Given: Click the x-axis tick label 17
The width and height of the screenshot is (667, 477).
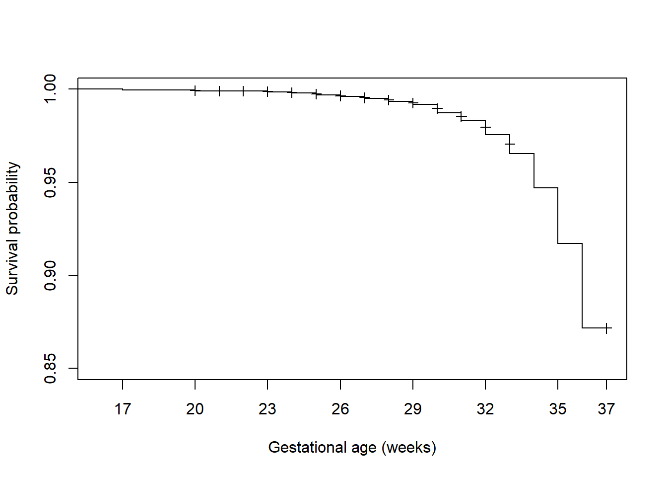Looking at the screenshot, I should pyautogui.click(x=123, y=409).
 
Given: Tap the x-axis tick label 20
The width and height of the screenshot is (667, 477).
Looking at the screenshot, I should pyautogui.click(x=195, y=409).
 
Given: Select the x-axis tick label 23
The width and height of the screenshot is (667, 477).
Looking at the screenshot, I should pyautogui.click(x=267, y=409).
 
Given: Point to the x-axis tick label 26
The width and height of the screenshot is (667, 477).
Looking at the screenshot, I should pyautogui.click(x=340, y=409).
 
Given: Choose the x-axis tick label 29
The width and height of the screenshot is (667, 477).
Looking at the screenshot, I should pyautogui.click(x=413, y=409).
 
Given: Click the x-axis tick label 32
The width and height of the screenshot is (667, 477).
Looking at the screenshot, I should pyautogui.click(x=485, y=409).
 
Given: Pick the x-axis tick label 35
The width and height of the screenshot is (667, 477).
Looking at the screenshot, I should pyautogui.click(x=558, y=409).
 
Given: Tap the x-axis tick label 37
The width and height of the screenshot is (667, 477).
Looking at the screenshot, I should pyautogui.click(x=606, y=409).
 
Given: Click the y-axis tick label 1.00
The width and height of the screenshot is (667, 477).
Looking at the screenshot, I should pyautogui.click(x=51, y=89).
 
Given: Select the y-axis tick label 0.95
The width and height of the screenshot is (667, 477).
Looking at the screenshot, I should pyautogui.click(x=51, y=182).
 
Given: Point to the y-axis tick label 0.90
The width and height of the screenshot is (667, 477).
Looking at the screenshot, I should pyautogui.click(x=51, y=275).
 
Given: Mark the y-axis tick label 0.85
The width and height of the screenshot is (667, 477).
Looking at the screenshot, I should pyautogui.click(x=51, y=368).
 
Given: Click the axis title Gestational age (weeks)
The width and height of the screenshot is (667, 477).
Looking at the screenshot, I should pyautogui.click(x=352, y=447).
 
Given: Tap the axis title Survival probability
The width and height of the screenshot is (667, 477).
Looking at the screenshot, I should pyautogui.click(x=12, y=229).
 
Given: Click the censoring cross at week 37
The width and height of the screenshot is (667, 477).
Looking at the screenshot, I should pyautogui.click(x=606, y=328).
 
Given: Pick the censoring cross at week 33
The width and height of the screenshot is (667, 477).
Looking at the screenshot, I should pyautogui.click(x=510, y=144).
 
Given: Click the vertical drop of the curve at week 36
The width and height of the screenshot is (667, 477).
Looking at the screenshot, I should pyautogui.click(x=582, y=286).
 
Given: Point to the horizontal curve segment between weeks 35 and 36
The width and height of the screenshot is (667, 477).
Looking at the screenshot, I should pyautogui.click(x=570, y=243).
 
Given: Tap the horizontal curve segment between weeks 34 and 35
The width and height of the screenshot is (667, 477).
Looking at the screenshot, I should pyautogui.click(x=546, y=188).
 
